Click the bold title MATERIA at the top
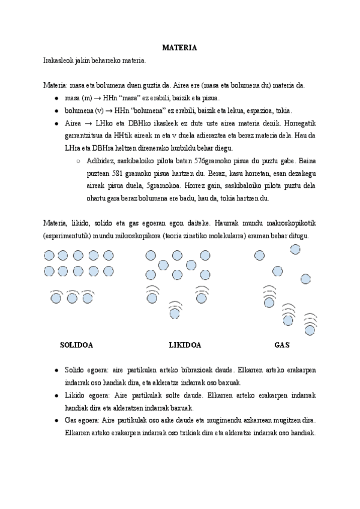click(x=180, y=47)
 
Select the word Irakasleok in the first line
click(x=58, y=61)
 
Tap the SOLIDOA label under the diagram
click(x=76, y=345)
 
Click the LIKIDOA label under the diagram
click(x=184, y=345)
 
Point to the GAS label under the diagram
click(x=281, y=345)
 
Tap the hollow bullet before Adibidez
click(x=79, y=161)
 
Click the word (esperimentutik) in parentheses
click(x=67, y=236)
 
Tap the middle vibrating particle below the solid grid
click(x=73, y=297)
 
